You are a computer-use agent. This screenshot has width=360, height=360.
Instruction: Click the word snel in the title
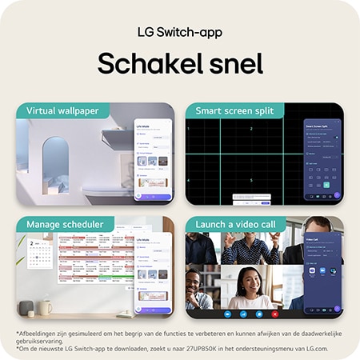click(x=232, y=63)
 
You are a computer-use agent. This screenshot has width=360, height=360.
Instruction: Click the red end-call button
click(x=275, y=314)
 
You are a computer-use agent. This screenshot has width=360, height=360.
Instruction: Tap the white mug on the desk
click(x=46, y=307)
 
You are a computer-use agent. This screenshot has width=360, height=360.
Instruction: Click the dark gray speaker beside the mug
click(x=27, y=308)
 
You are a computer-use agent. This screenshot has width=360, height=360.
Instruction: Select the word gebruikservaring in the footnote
click(x=43, y=339)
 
